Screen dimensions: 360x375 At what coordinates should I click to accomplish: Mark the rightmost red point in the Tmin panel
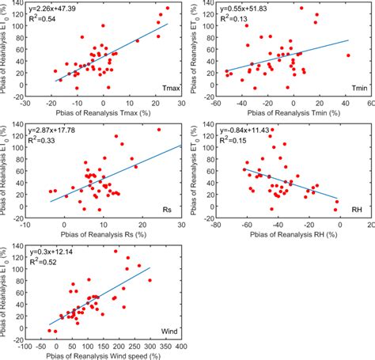[x=348, y=55]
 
